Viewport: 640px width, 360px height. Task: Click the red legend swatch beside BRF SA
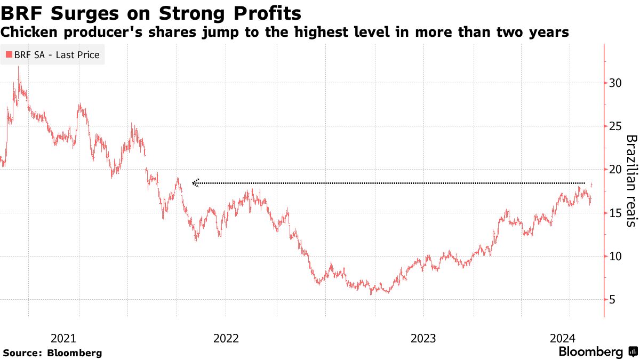(9, 54)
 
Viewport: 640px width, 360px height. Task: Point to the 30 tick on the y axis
(615, 83)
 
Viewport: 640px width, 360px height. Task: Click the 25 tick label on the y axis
(615, 126)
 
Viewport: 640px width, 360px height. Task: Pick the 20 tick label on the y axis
(615, 170)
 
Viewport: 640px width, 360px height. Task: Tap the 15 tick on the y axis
(615, 213)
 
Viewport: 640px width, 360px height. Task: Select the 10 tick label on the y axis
(615, 257)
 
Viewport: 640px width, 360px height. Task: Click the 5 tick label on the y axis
(612, 300)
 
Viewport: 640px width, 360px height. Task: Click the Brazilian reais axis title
(631, 181)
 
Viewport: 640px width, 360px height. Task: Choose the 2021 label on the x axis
(63, 338)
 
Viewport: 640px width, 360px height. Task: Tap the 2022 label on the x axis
(226, 338)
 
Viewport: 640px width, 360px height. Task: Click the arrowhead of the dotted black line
(195, 183)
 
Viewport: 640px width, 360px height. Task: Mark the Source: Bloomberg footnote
(52, 353)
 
